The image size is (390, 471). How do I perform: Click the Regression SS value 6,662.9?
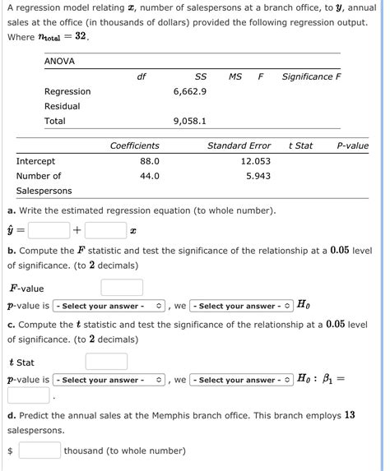pos(190,91)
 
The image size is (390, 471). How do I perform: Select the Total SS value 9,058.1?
pos(190,122)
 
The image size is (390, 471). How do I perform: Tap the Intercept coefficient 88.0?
pos(149,161)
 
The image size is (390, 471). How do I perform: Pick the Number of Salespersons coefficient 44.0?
pos(149,176)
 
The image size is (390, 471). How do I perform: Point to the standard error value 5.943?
pos(258,176)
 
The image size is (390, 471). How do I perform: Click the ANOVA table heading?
pos(60,62)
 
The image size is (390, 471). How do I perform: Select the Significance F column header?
pos(311,76)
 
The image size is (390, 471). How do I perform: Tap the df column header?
pos(141,76)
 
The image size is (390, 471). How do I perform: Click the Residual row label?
pos(63,107)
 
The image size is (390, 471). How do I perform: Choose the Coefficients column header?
pos(135,145)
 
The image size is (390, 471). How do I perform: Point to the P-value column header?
pos(353,145)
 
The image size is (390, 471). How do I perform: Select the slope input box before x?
pos(104,230)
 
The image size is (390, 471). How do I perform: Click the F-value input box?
pos(122,288)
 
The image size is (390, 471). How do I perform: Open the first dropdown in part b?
pos(110,307)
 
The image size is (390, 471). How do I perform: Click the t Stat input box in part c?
pos(106,362)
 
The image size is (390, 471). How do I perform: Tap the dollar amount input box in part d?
pos(39,450)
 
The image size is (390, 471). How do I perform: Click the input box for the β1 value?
pos(29,396)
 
